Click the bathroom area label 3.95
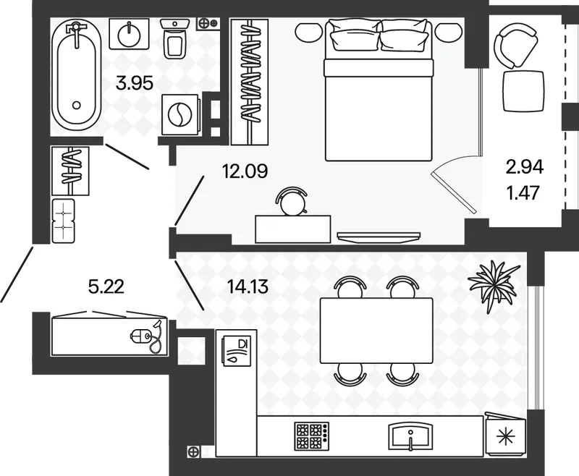pyautogui.click(x=134, y=83)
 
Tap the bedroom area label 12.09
pyautogui.click(x=245, y=171)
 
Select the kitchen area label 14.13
pyautogui.click(x=248, y=286)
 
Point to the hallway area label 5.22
pyautogui.click(x=106, y=286)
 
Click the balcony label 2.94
pyautogui.click(x=524, y=168)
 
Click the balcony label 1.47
pyautogui.click(x=524, y=192)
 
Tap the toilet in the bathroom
pyautogui.click(x=174, y=38)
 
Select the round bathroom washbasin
pyautogui.click(x=130, y=34)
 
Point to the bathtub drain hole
pyautogui.click(x=77, y=105)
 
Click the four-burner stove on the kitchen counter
pyautogui.click(x=311, y=436)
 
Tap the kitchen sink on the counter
pyautogui.click(x=410, y=436)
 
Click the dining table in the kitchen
pyautogui.click(x=376, y=331)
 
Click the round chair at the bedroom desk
pyautogui.click(x=292, y=201)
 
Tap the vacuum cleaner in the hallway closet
pyautogui.click(x=146, y=336)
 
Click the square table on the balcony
pyautogui.click(x=524, y=91)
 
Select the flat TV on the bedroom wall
pyautogui.click(x=379, y=237)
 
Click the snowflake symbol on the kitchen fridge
pyautogui.click(x=506, y=437)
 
